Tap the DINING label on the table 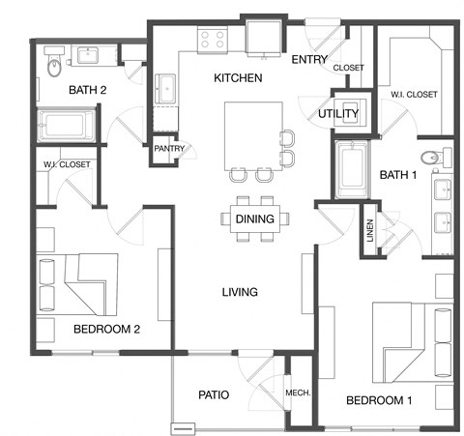255,219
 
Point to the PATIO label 213,394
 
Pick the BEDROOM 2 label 107,329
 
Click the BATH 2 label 86,91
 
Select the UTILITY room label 338,114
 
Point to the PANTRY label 169,149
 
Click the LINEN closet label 369,230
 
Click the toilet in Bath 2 54,64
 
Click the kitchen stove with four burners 213,40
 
